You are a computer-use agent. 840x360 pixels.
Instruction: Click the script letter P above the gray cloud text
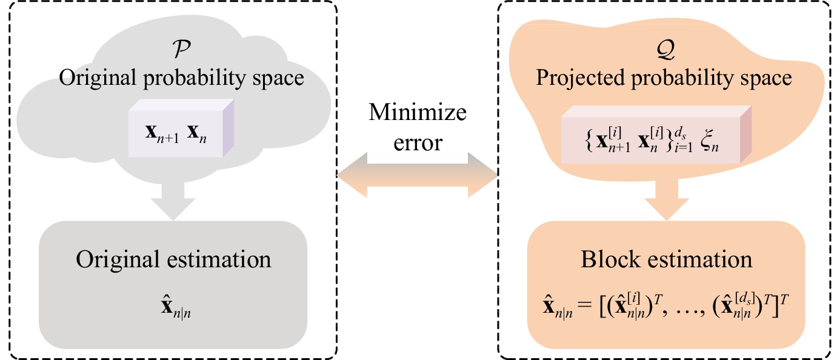pyautogui.click(x=182, y=49)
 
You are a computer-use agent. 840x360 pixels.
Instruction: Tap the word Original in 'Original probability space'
pyautogui.click(x=98, y=78)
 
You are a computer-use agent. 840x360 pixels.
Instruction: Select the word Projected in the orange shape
pyautogui.click(x=581, y=79)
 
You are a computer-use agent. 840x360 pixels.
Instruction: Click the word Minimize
pyautogui.click(x=418, y=112)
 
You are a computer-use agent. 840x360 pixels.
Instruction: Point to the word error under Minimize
pyautogui.click(x=418, y=143)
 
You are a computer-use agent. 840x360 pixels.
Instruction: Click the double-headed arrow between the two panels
pyautogui.click(x=418, y=175)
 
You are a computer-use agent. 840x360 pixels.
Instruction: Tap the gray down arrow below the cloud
pyautogui.click(x=173, y=201)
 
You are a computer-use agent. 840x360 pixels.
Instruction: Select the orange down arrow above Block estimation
pyautogui.click(x=667, y=201)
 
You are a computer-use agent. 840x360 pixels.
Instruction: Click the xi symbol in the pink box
pyautogui.click(x=709, y=141)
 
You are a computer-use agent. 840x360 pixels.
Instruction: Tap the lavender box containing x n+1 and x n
pyautogui.click(x=181, y=128)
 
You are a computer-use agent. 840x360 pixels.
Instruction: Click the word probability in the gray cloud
pyautogui.click(x=195, y=78)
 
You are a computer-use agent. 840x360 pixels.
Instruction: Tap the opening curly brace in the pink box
pyautogui.click(x=589, y=142)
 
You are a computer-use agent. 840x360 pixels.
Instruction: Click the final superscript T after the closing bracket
pyautogui.click(x=784, y=299)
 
